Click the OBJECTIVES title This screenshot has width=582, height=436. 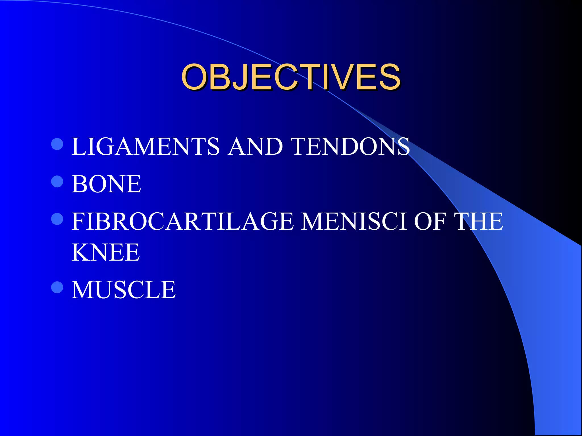291,77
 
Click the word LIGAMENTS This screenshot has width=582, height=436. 145,146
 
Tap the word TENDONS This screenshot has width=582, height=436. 351,146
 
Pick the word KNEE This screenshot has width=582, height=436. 105,252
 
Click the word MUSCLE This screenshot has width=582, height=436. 124,290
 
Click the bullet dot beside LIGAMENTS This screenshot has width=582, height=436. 57,144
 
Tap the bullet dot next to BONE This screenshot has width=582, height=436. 57,181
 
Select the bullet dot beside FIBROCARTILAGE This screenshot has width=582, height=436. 57,219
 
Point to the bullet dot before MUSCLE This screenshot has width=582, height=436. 57,287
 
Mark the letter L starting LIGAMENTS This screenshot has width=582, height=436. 77,146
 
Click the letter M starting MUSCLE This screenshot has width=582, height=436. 82,290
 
